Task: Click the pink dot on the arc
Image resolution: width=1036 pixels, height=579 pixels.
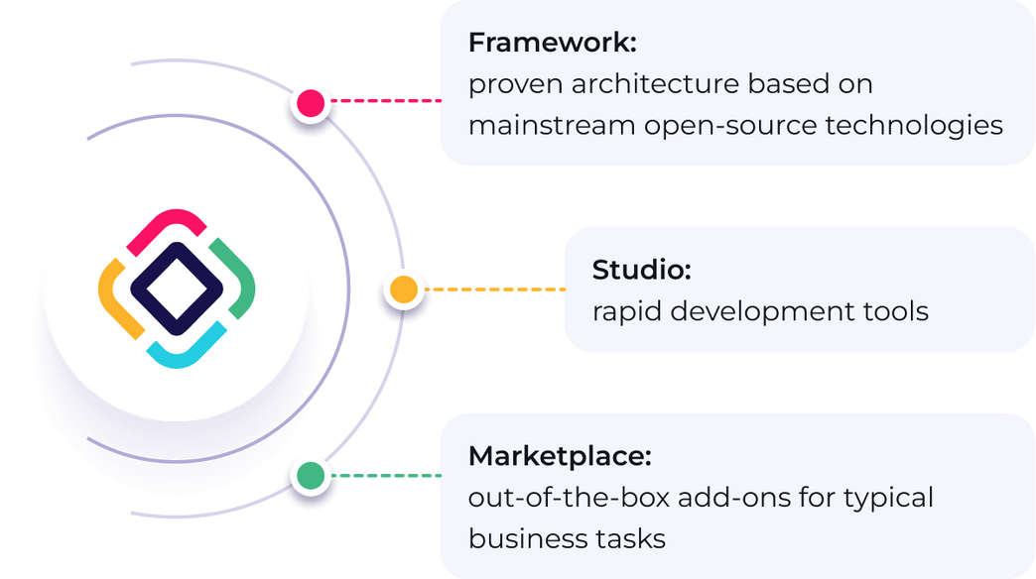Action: pos(311,101)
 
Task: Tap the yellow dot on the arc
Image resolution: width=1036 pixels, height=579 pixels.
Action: pos(402,289)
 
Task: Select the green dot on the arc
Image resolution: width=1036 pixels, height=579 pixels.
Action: pos(311,476)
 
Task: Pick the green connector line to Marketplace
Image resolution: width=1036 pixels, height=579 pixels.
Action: pos(387,476)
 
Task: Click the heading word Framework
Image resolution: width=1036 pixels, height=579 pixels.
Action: pos(552,44)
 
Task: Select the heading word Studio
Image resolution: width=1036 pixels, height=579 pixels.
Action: pos(641,270)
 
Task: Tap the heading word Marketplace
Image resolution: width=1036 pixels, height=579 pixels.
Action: pos(560,457)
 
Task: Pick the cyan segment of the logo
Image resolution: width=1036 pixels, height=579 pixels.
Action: pos(188,349)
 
